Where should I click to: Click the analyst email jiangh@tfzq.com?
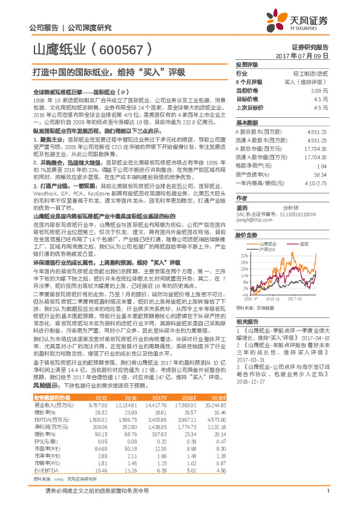point(252,220)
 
